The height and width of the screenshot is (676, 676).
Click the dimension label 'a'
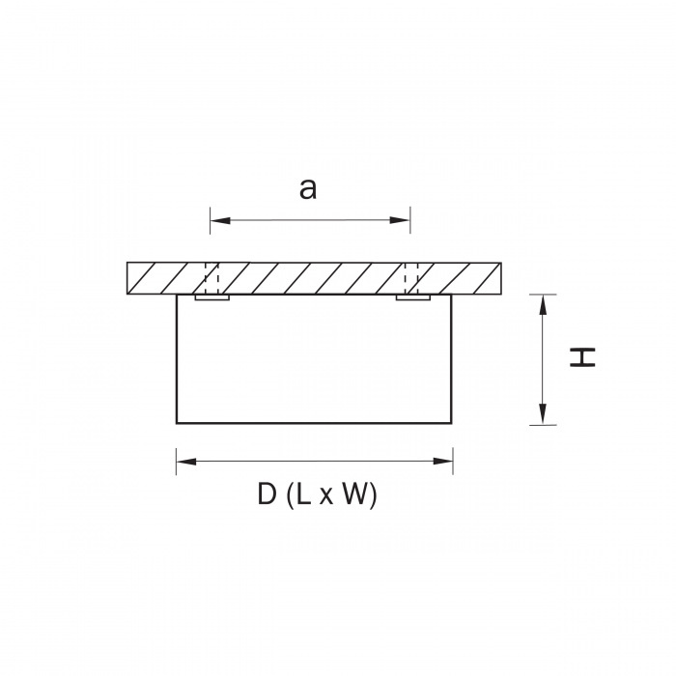pos(308,189)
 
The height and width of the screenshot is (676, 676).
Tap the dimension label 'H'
pos(582,357)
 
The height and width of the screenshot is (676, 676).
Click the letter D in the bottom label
pos(267,493)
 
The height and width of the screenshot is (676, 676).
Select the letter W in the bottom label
pos(355,493)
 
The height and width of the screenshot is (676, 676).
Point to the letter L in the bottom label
pos(303,493)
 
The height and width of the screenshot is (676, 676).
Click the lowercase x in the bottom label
pos(326,496)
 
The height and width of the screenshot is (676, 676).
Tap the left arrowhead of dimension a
pos(220,220)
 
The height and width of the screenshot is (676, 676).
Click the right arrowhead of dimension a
pos(400,220)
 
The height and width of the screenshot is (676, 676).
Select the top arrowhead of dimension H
pos(543,304)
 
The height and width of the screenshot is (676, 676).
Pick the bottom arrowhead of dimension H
pos(543,414)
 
